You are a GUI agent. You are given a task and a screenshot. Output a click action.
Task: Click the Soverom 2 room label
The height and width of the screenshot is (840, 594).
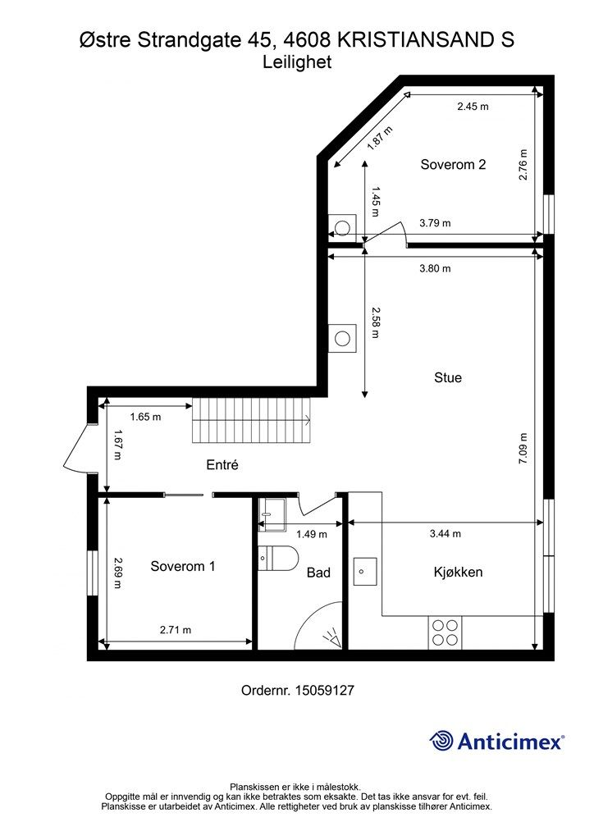coord(453,164)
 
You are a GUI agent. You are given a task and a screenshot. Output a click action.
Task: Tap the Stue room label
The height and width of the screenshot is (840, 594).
coord(448,378)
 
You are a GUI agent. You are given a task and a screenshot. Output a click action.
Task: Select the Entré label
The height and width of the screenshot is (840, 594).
coord(222,465)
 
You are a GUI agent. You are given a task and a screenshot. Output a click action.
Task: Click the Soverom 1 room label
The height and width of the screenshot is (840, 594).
coord(183,566)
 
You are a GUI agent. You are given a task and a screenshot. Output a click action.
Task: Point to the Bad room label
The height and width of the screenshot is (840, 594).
coord(318,572)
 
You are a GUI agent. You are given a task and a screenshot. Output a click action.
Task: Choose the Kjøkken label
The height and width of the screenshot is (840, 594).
coord(458,572)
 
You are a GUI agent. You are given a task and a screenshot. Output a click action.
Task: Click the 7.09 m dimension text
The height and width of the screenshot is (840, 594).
coord(524,449)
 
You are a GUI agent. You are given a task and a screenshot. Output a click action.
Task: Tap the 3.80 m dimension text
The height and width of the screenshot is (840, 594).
coord(435,268)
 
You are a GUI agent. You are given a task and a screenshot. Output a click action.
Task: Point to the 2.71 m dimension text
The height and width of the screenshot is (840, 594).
coord(175,630)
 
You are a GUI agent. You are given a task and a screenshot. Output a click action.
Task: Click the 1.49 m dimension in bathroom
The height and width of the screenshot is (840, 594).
coord(311,534)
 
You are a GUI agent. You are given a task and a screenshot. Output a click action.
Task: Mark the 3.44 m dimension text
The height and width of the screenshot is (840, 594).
coord(445,534)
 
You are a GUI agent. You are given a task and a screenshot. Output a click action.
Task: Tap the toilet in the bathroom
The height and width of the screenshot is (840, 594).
coord(277,559)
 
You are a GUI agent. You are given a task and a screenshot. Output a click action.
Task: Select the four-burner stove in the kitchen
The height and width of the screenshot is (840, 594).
coord(445,632)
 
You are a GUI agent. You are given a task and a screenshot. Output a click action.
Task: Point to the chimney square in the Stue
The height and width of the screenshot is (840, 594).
coord(343,337)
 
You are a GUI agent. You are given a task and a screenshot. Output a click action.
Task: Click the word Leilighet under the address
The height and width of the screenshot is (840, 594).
coord(297,62)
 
